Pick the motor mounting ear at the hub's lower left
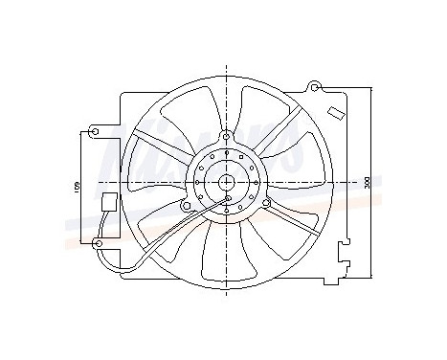click(186, 204)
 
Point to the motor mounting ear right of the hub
click(266, 202)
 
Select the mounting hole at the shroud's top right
click(312, 87)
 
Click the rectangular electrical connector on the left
click(109, 202)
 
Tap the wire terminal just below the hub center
click(229, 200)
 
